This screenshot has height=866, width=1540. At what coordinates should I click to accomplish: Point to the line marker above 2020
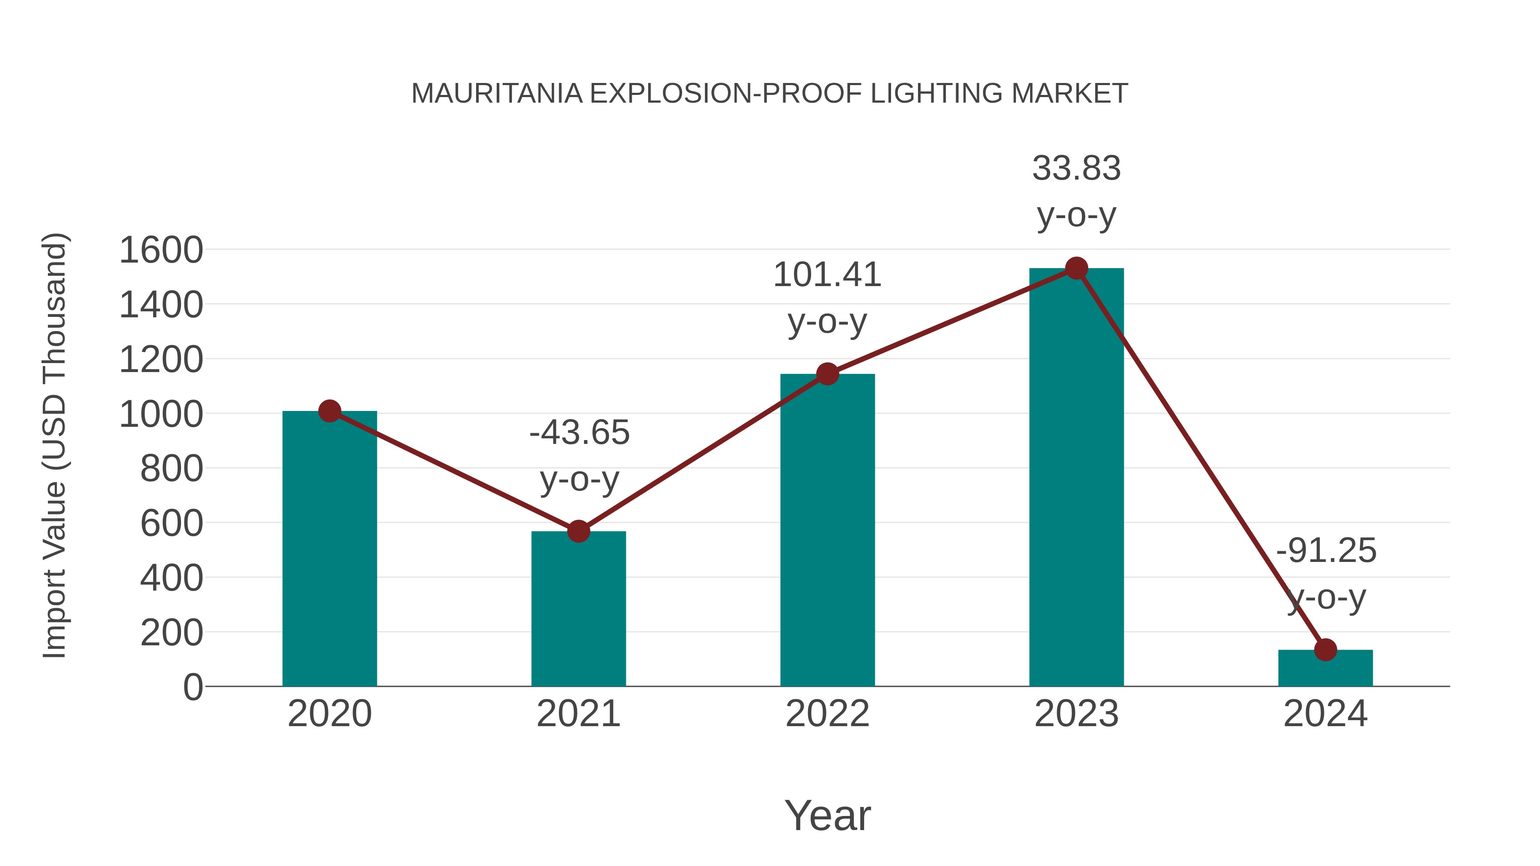click(329, 411)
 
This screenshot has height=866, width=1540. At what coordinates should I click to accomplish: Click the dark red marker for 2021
click(578, 531)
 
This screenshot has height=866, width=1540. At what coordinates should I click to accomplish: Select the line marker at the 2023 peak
click(1076, 268)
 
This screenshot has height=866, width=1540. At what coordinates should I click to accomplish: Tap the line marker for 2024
click(1325, 649)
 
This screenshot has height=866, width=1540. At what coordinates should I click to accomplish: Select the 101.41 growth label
click(827, 275)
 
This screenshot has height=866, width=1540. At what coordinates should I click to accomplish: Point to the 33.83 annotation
click(1076, 168)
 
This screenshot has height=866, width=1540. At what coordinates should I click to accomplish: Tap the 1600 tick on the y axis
click(161, 250)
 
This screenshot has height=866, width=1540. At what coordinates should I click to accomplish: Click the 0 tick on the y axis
click(192, 687)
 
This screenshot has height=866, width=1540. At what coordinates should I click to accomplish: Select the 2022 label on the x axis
click(827, 714)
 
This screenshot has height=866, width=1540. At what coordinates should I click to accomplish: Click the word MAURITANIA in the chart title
click(497, 94)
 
